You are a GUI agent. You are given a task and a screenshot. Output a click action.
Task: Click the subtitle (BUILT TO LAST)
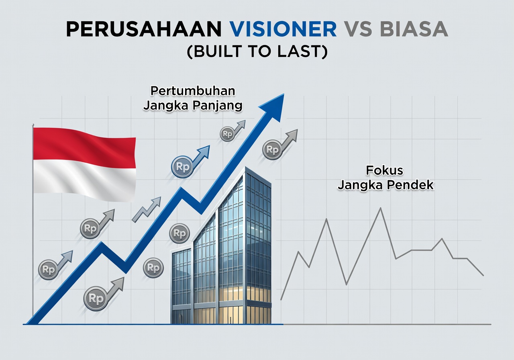[257, 52]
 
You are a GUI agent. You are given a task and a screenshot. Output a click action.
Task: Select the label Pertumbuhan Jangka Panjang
[193, 98]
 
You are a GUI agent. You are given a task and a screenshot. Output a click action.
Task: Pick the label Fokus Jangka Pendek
[385, 178]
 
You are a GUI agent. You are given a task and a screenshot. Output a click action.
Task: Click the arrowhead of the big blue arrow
[273, 105]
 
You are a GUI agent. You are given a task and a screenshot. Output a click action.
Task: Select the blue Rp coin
[182, 167]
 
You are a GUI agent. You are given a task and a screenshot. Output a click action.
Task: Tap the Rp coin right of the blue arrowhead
[272, 150]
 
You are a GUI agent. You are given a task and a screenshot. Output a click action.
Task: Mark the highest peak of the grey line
[380, 208]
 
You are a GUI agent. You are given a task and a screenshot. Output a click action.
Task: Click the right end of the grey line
[483, 276]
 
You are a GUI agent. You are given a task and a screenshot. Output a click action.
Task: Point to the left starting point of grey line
[281, 299]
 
